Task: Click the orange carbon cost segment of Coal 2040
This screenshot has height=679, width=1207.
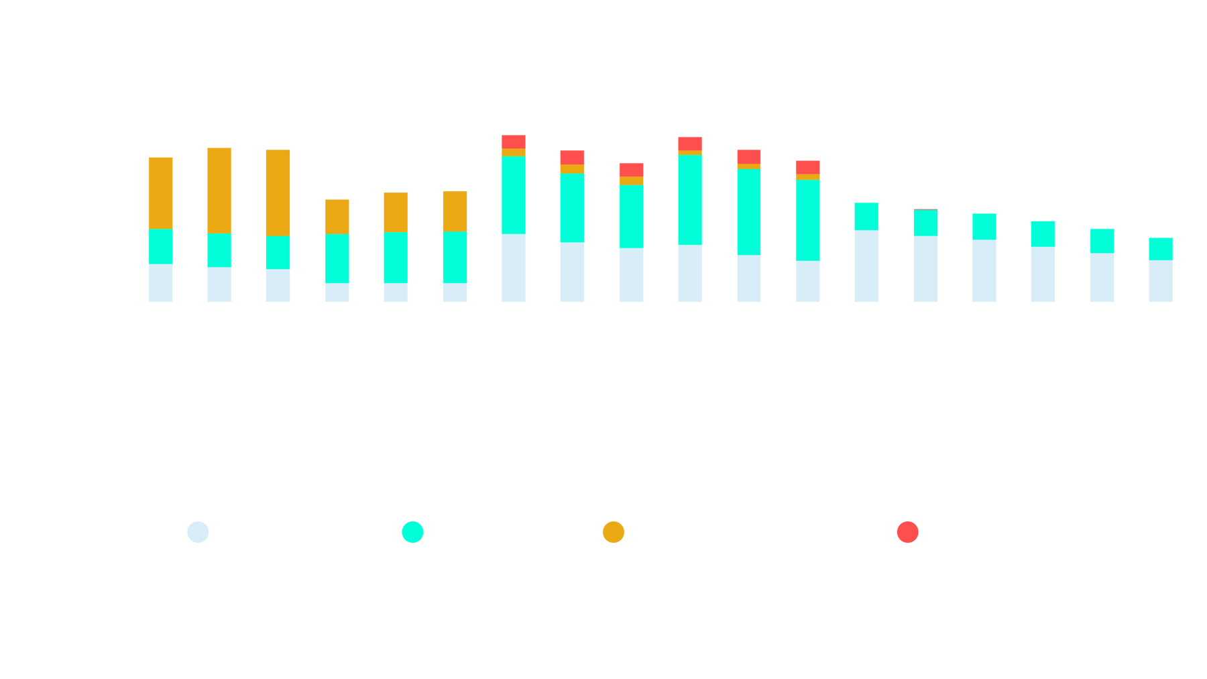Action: tap(219, 190)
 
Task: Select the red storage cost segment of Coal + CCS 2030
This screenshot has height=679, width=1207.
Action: tap(514, 141)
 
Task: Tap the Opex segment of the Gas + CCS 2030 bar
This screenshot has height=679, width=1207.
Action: tap(689, 200)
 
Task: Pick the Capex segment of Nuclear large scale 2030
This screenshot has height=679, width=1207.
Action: tap(866, 266)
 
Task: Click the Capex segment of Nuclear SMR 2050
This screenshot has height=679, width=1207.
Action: tap(1161, 280)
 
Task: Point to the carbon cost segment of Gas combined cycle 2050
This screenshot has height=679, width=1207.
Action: tap(455, 211)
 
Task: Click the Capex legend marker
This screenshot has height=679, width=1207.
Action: tap(198, 532)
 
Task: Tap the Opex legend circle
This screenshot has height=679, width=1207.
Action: tap(412, 532)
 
